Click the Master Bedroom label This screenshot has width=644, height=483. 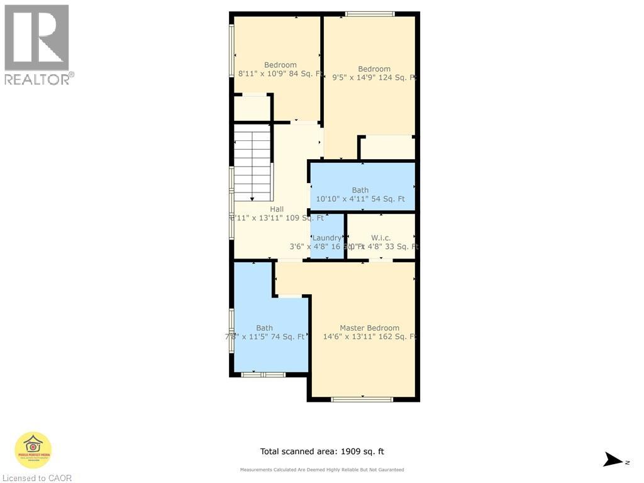[369, 328]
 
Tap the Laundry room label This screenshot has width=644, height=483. [326, 238]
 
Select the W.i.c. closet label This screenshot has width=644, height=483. [380, 238]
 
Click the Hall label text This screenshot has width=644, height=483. [277, 209]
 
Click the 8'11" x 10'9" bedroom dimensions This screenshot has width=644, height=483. [280, 74]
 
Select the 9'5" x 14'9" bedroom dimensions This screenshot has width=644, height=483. [374, 78]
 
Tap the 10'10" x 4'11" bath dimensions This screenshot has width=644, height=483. [360, 199]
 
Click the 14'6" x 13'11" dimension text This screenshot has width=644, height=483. [369, 336]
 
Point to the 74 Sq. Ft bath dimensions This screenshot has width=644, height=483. [265, 336]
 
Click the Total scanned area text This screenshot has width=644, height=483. [322, 451]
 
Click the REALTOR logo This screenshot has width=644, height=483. [38, 44]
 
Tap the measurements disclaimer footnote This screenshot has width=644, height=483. [322, 470]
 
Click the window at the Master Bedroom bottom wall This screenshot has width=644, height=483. [362, 399]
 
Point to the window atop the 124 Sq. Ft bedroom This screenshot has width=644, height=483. [370, 14]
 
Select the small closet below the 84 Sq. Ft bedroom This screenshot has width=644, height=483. [252, 108]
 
